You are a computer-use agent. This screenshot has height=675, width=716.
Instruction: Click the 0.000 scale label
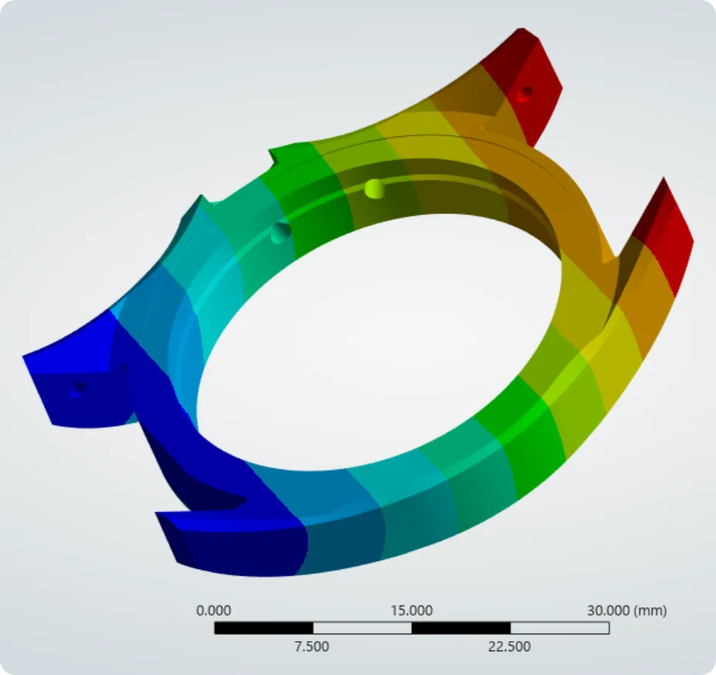[213, 610]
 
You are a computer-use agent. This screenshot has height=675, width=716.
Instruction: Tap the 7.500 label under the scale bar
[312, 646]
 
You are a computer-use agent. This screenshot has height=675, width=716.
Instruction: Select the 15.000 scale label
[411, 610]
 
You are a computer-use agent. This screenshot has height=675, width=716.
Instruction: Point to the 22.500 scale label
[509, 646]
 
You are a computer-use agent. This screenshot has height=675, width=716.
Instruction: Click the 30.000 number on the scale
[608, 610]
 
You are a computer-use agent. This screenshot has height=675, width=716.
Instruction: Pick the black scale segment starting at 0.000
[264, 628]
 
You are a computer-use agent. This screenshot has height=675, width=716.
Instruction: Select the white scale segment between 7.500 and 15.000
[363, 628]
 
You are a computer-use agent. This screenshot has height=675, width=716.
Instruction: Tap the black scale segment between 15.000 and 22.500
[461, 628]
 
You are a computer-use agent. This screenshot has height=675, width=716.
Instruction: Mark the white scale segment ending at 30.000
[560, 628]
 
